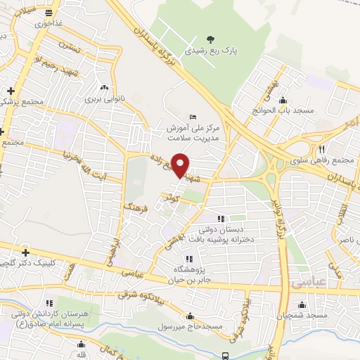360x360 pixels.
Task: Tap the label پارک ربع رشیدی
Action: pyautogui.click(x=210, y=51)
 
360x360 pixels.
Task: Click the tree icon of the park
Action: pyautogui.click(x=210, y=38)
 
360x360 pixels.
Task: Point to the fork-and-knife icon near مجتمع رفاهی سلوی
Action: pyautogui.click(x=321, y=148)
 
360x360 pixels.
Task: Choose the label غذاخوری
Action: pyautogui.click(x=50, y=22)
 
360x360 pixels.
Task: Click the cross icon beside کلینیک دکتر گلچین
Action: pyautogui.click(x=26, y=252)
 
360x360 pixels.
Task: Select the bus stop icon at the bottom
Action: pyautogui.click(x=224, y=356)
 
